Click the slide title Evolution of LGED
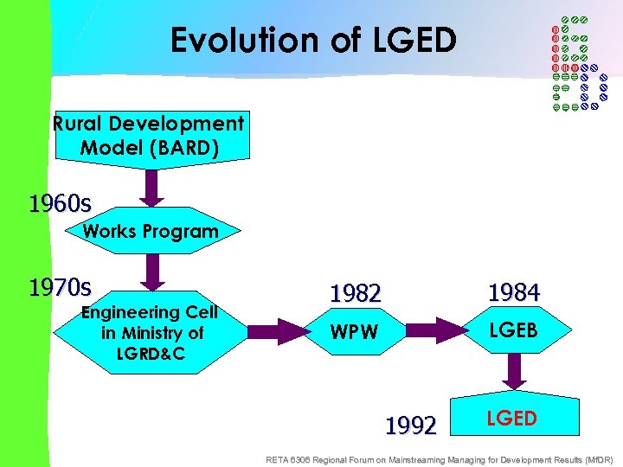(x=313, y=40)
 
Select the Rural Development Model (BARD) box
(x=149, y=136)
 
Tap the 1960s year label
(x=60, y=205)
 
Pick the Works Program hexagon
(x=150, y=231)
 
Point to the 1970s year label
(x=60, y=286)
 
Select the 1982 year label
(x=355, y=294)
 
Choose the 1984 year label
(x=515, y=293)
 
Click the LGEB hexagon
(x=515, y=330)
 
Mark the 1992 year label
(x=411, y=425)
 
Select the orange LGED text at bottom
(x=511, y=419)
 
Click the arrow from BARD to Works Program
(x=151, y=187)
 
